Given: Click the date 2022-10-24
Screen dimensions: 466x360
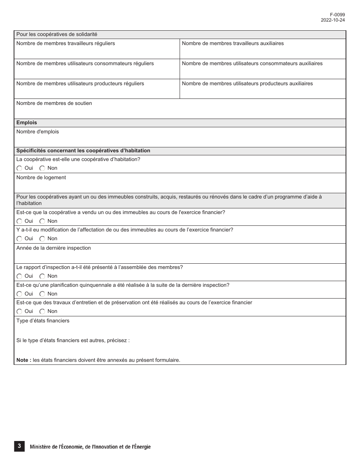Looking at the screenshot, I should (333, 20).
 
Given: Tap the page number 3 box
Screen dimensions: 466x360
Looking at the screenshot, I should (19, 447).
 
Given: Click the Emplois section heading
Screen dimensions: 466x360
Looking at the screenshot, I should (27, 123).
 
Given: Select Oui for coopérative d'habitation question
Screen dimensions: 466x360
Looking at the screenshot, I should (19, 168).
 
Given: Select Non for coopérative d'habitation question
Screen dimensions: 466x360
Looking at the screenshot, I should (42, 168).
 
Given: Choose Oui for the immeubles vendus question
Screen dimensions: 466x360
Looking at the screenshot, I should (19, 221).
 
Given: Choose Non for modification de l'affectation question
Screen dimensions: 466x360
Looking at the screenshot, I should (42, 239).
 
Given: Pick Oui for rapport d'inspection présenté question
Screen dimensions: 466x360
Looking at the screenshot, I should (19, 276).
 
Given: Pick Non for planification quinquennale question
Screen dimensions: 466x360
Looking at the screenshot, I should (42, 294).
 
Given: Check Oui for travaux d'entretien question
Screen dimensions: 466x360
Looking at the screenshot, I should (19, 311).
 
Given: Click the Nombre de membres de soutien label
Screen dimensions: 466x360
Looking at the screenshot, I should (54, 103).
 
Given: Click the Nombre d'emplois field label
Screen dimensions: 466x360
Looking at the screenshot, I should (38, 132).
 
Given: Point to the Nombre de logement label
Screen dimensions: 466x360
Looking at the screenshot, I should (41, 178).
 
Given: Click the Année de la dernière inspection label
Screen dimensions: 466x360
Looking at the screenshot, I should (53, 248).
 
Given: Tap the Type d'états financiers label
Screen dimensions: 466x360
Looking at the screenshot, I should (43, 321).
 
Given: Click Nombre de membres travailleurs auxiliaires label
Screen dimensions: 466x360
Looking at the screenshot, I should (233, 44).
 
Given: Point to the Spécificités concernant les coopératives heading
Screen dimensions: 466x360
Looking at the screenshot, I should (83, 151).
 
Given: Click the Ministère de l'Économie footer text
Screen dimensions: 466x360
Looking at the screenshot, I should (90, 447).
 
